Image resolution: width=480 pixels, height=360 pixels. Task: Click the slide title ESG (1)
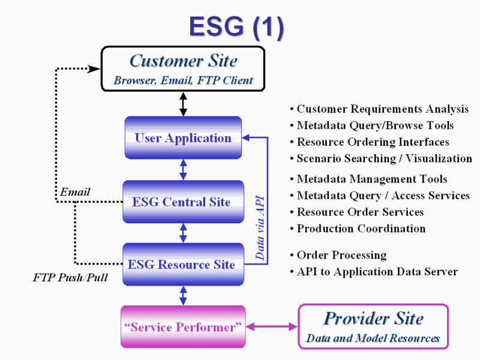tap(236, 28)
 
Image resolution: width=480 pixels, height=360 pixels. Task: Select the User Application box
tap(183, 138)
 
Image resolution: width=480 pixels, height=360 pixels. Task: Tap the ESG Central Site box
tap(183, 202)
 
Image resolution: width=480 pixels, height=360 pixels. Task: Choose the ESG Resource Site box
tap(183, 265)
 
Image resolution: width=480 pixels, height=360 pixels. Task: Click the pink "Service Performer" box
tap(183, 326)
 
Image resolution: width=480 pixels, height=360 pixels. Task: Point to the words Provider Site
tap(373, 319)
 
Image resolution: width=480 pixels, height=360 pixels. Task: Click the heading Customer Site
tap(184, 61)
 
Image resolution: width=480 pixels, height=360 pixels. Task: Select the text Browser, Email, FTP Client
tap(183, 80)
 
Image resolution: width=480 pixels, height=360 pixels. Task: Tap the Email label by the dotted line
tap(75, 192)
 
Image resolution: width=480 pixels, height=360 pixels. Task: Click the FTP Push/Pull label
tap(70, 277)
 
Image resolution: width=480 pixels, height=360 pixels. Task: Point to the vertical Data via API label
tap(260, 228)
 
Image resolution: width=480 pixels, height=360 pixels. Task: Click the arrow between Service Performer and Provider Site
tap(272, 327)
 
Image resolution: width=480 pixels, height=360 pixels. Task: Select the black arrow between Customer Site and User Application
tap(183, 104)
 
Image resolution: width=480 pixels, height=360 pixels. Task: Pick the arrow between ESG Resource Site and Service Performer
tap(183, 296)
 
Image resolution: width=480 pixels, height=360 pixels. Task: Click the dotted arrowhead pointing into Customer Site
tap(94, 69)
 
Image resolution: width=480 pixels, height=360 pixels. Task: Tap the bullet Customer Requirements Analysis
tap(379, 109)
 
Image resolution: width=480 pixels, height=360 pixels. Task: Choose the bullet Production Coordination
tap(358, 229)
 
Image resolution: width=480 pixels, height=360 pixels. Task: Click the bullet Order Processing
tap(338, 256)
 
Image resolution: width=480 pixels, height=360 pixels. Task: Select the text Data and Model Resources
tap(373, 338)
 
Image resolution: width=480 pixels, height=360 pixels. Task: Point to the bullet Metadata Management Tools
tap(368, 179)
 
